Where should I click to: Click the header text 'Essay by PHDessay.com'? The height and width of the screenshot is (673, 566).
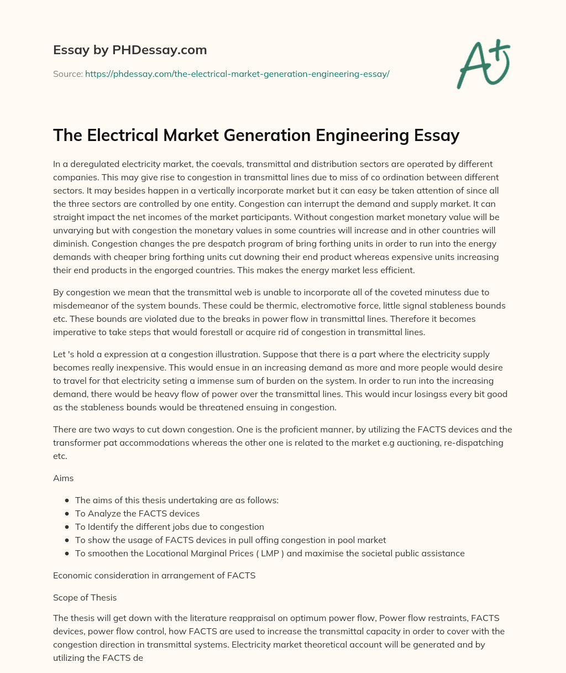[130, 50]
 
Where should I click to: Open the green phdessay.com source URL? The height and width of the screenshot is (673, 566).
[237, 74]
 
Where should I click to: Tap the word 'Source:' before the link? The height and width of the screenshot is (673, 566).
[68, 74]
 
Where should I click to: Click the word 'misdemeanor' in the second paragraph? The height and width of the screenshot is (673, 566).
[78, 306]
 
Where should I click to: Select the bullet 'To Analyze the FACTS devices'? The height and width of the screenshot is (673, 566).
[137, 514]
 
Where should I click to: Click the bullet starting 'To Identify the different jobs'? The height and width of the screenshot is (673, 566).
[169, 527]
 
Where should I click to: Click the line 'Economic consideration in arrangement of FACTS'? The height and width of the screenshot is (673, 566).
[154, 576]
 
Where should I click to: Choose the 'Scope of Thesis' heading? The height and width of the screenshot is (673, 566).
[85, 598]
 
